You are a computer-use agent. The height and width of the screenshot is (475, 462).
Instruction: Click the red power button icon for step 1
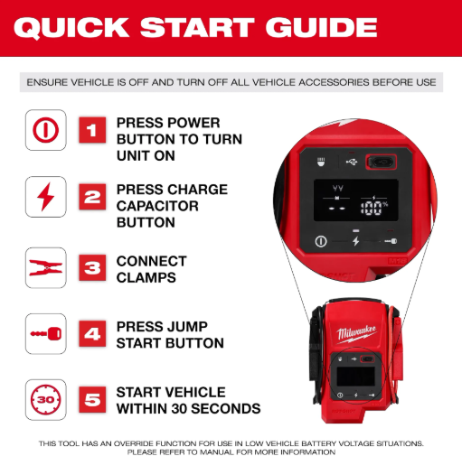click(x=46, y=130)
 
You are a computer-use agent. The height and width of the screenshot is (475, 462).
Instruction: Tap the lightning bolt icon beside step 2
click(x=45, y=197)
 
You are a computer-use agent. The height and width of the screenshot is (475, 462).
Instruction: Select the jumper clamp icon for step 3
click(x=45, y=268)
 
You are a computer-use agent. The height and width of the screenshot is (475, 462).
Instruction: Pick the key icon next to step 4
click(x=46, y=334)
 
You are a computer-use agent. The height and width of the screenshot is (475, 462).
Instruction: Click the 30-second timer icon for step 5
click(x=46, y=399)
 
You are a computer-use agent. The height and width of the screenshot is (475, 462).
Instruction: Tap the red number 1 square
click(x=92, y=130)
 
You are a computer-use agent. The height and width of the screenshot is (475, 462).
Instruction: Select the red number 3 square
click(x=92, y=268)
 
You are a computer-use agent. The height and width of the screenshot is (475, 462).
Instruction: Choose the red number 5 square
click(x=92, y=399)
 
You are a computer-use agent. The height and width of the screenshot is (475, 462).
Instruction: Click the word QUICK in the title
click(x=71, y=28)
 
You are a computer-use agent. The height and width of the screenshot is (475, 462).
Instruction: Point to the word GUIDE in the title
click(x=321, y=27)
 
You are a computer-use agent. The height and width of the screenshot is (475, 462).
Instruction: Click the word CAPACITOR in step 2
click(x=157, y=206)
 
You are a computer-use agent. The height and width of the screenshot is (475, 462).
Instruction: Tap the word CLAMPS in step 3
click(x=146, y=277)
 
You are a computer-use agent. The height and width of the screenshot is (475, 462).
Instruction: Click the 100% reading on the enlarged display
click(x=373, y=208)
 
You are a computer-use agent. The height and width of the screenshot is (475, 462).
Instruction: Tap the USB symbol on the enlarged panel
click(x=352, y=162)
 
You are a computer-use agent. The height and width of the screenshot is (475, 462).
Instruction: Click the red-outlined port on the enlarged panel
click(x=381, y=162)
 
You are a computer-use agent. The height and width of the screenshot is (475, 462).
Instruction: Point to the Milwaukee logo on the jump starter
click(x=357, y=334)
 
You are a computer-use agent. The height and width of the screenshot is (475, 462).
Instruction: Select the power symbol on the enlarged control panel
click(x=321, y=241)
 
